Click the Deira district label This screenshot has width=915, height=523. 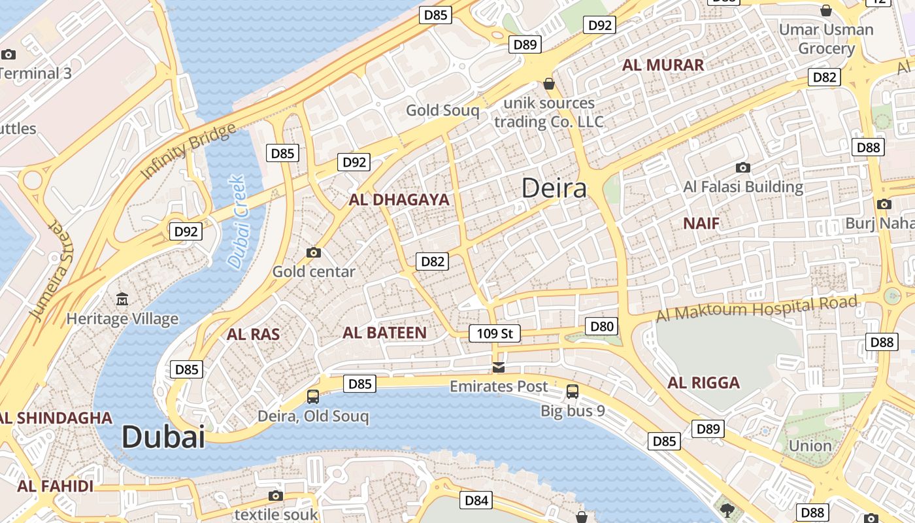pos(554,188)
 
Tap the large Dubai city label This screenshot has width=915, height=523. pos(163,437)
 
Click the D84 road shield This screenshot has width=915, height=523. pos(476,501)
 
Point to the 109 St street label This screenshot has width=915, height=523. pos(495,333)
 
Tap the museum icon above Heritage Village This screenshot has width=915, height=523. pos(122,299)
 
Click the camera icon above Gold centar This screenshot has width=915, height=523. pos(314,252)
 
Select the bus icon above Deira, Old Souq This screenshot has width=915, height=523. pos(313,396)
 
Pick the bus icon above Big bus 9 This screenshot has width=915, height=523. pos(573,392)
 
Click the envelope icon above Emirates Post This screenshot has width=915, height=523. pos(499,367)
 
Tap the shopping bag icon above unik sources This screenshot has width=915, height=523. pos(549,84)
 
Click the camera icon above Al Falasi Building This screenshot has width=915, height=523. pos(742,167)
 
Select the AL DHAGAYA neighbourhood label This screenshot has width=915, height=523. pos(399,200)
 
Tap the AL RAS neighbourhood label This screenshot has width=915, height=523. pos(253,335)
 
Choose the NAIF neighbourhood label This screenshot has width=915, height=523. pos(701,224)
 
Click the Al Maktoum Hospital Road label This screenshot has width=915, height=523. pos(756,309)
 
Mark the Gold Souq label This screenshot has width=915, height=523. pos(442,110)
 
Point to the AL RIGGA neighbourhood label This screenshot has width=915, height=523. pos(703,383)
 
